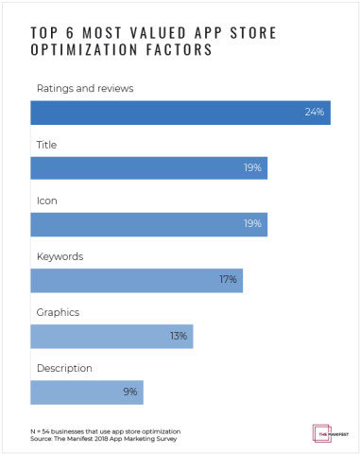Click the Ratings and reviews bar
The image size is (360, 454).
coord(180,113)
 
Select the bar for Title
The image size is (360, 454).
coord(148,168)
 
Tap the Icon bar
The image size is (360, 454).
coord(148,224)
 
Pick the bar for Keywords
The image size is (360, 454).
coord(136,280)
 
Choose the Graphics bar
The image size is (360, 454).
coord(111,336)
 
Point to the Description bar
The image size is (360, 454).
coord(86,392)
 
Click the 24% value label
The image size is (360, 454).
coord(315,113)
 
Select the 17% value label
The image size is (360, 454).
coord(228,280)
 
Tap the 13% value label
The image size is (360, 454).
coord(178,336)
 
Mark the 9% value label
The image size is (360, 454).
coord(129,392)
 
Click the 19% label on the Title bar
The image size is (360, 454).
coord(252,168)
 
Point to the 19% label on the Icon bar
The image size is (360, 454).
coord(252,224)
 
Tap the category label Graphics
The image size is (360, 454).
coord(57,312)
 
